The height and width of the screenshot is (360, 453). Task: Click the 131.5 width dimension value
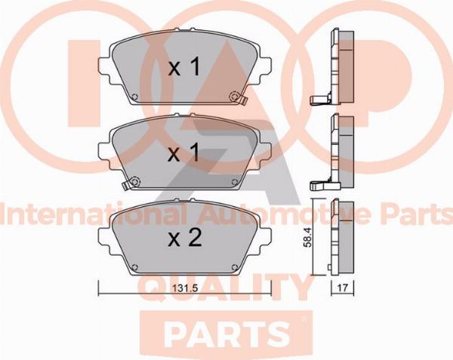coord(185,288)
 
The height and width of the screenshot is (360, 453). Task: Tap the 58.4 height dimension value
coord(308,237)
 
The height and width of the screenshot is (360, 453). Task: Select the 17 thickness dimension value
coord(342,288)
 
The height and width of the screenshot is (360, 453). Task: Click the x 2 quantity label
coord(185,238)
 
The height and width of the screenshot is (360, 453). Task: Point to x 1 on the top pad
coord(184,67)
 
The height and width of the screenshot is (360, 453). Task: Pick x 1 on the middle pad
coord(184,152)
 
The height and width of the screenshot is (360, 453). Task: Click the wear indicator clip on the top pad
coord(243,100)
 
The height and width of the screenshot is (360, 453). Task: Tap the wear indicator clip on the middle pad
coord(126,186)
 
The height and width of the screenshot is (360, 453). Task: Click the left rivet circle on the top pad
coord(135,97)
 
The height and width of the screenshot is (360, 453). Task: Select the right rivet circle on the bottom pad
coord(235,267)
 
